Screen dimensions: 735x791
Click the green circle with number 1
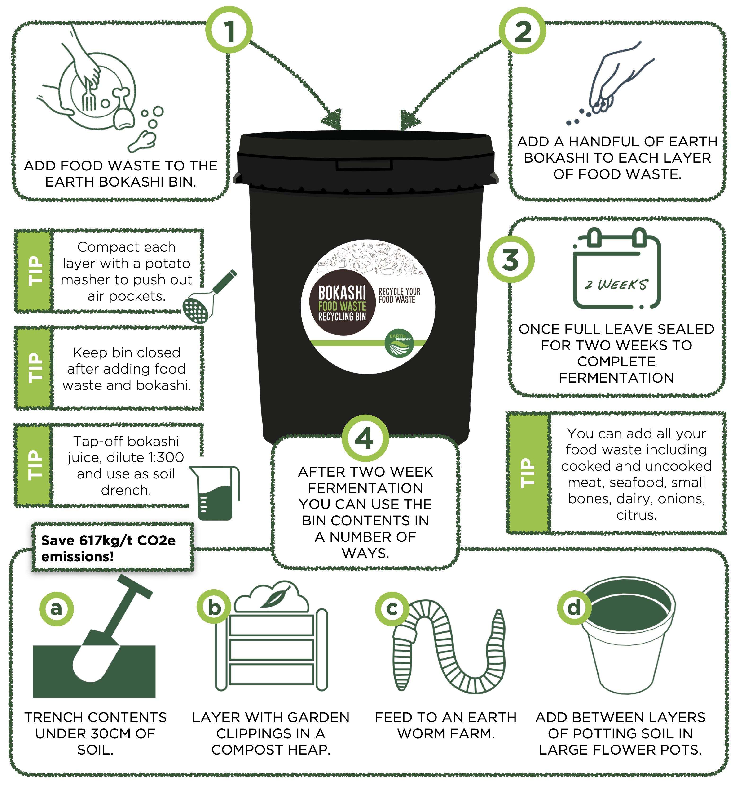coord(229,30)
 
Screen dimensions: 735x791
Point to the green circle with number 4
coord(365,438)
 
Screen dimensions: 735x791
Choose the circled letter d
coord(574,608)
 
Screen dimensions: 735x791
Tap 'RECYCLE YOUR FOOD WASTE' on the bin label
coord(399,296)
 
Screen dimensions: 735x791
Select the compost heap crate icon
coord(272,636)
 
